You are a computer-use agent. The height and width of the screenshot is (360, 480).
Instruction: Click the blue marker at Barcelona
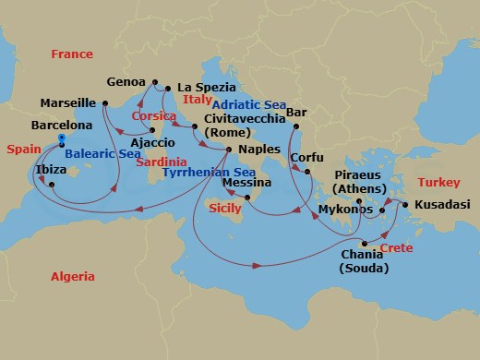pyautogui.click(x=61, y=138)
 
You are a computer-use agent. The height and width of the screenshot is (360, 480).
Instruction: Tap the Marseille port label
pyautogui.click(x=69, y=102)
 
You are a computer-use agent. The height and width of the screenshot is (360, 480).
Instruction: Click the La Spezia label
pyautogui.click(x=202, y=86)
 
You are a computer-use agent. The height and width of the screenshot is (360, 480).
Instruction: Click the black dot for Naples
pyautogui.click(x=228, y=149)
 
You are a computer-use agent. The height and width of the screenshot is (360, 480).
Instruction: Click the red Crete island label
pyautogui.click(x=396, y=249)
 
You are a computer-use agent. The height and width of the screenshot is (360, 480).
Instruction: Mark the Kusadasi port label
pyautogui.click(x=440, y=205)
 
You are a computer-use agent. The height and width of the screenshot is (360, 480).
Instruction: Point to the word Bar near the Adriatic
pyautogui.click(x=296, y=113)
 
